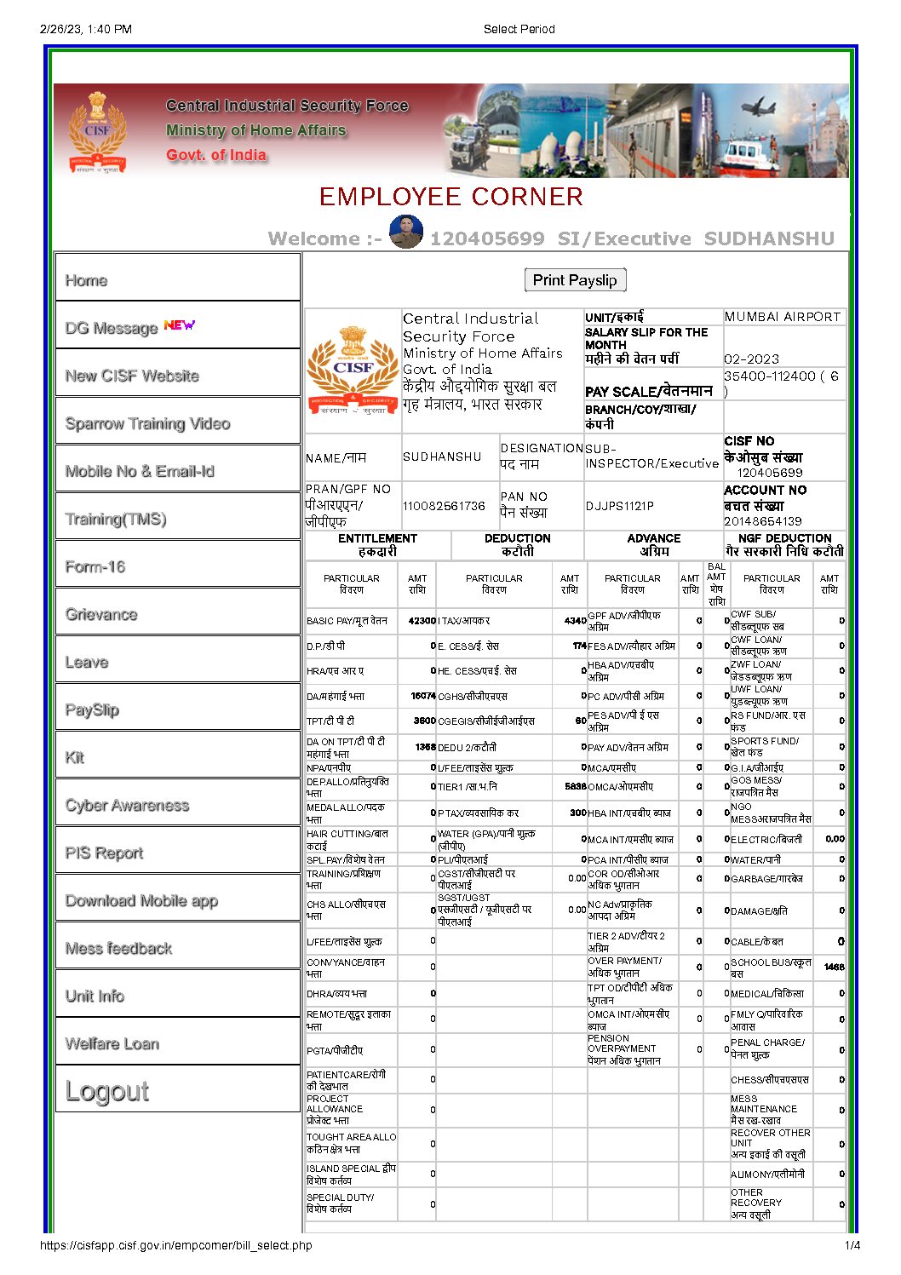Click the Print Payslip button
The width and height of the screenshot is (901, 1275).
575,280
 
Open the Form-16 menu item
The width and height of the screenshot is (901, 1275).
95,566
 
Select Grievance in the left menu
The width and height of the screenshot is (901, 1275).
101,614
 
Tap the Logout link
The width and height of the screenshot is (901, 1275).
107,1091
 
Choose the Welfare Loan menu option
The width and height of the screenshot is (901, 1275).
112,1043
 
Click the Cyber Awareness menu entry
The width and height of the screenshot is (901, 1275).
127,805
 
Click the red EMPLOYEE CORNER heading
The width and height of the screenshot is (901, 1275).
450,197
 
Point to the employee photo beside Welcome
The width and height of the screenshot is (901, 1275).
406,233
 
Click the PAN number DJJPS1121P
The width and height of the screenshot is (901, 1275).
620,506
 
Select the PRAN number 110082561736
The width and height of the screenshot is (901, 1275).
444,506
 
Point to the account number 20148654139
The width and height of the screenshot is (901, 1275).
763,521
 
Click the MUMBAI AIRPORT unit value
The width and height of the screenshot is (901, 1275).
783,317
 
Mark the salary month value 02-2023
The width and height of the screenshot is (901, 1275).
751,359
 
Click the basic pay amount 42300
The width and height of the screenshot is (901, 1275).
422,621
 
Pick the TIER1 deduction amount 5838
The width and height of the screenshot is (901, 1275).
575,787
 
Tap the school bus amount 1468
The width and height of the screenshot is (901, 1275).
834,968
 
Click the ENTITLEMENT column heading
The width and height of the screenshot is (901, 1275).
377,544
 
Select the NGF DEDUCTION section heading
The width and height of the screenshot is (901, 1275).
784,544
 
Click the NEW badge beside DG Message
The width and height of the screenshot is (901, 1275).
179,325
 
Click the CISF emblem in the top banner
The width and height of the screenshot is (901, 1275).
97,133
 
